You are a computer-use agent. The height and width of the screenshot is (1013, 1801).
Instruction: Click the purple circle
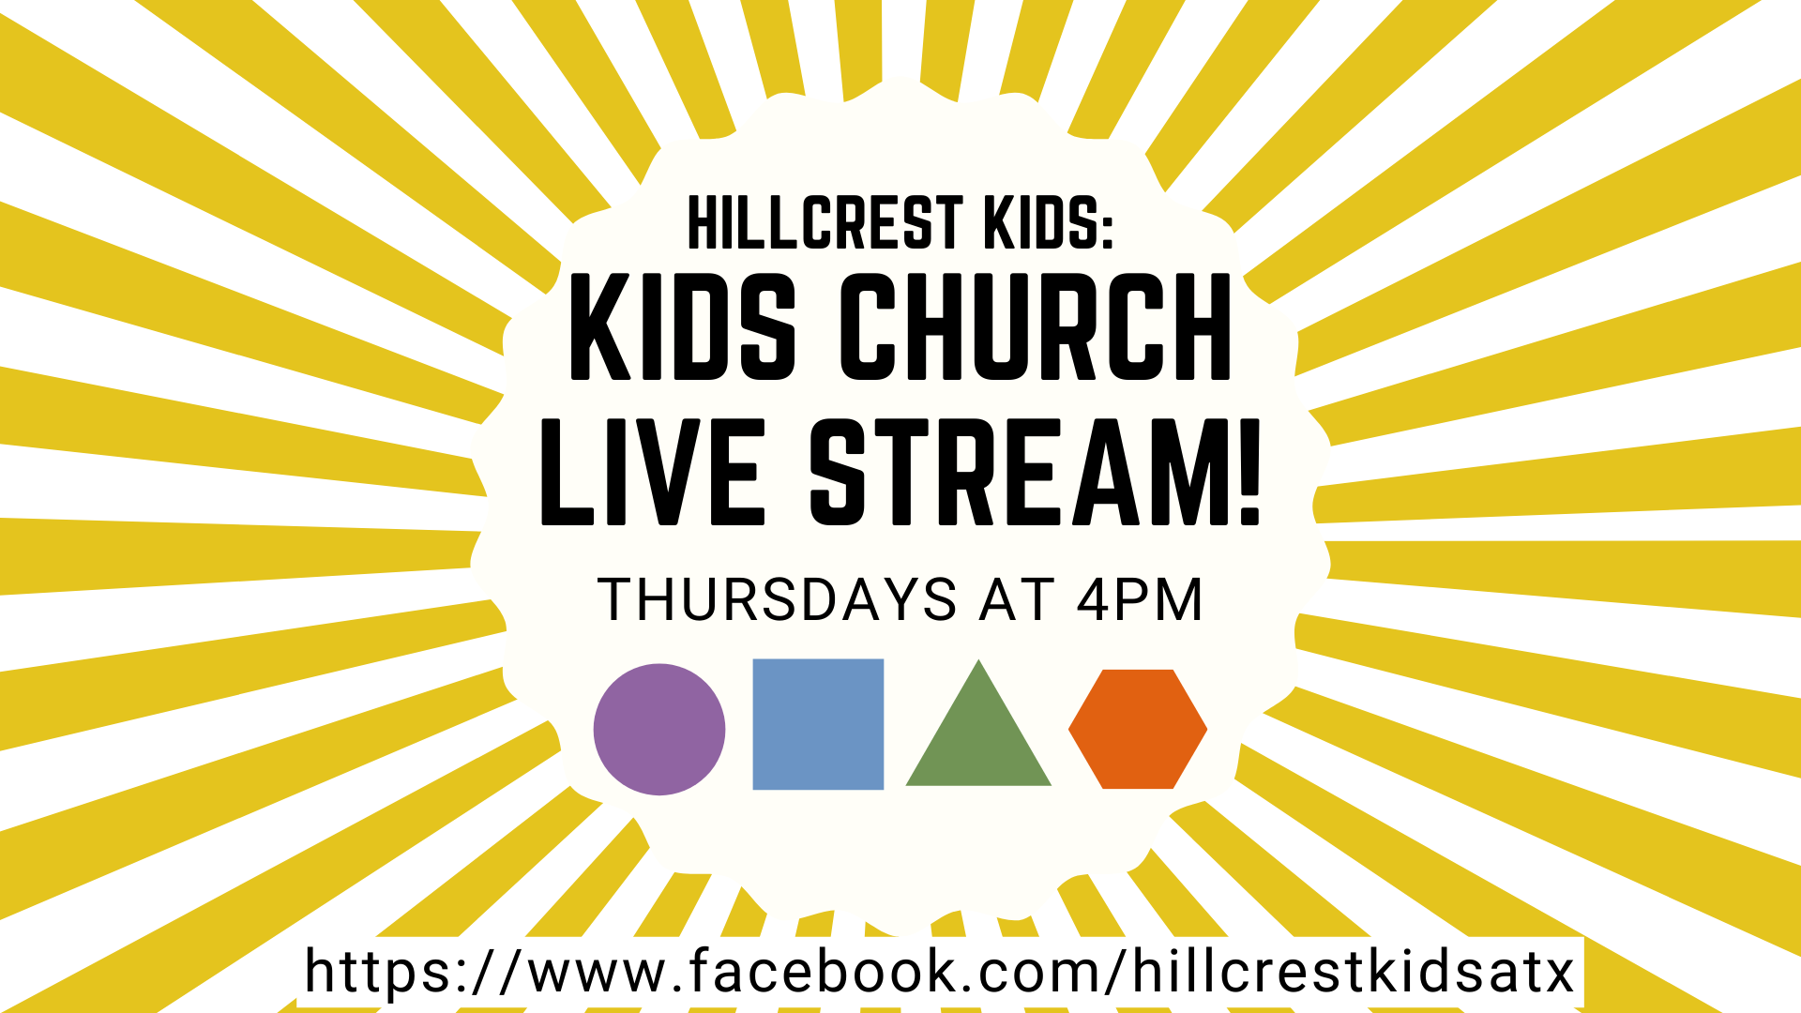pos(659,730)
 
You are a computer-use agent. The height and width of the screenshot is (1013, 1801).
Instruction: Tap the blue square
pos(818,724)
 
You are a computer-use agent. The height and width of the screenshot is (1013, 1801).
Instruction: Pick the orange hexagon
pos(1138,729)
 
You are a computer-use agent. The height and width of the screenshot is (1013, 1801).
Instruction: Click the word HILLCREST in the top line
pos(825,223)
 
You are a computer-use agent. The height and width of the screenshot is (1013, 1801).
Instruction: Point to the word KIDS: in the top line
pos(1048,223)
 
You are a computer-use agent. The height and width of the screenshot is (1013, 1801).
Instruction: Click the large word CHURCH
pos(1036,327)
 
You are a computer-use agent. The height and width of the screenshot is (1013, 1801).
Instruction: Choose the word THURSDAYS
pos(778,599)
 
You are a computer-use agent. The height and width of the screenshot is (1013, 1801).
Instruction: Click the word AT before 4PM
pos(1017,599)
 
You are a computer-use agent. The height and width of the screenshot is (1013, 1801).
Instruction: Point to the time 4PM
pos(1140,599)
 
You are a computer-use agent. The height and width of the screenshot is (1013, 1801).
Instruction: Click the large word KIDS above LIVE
pos(683,327)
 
